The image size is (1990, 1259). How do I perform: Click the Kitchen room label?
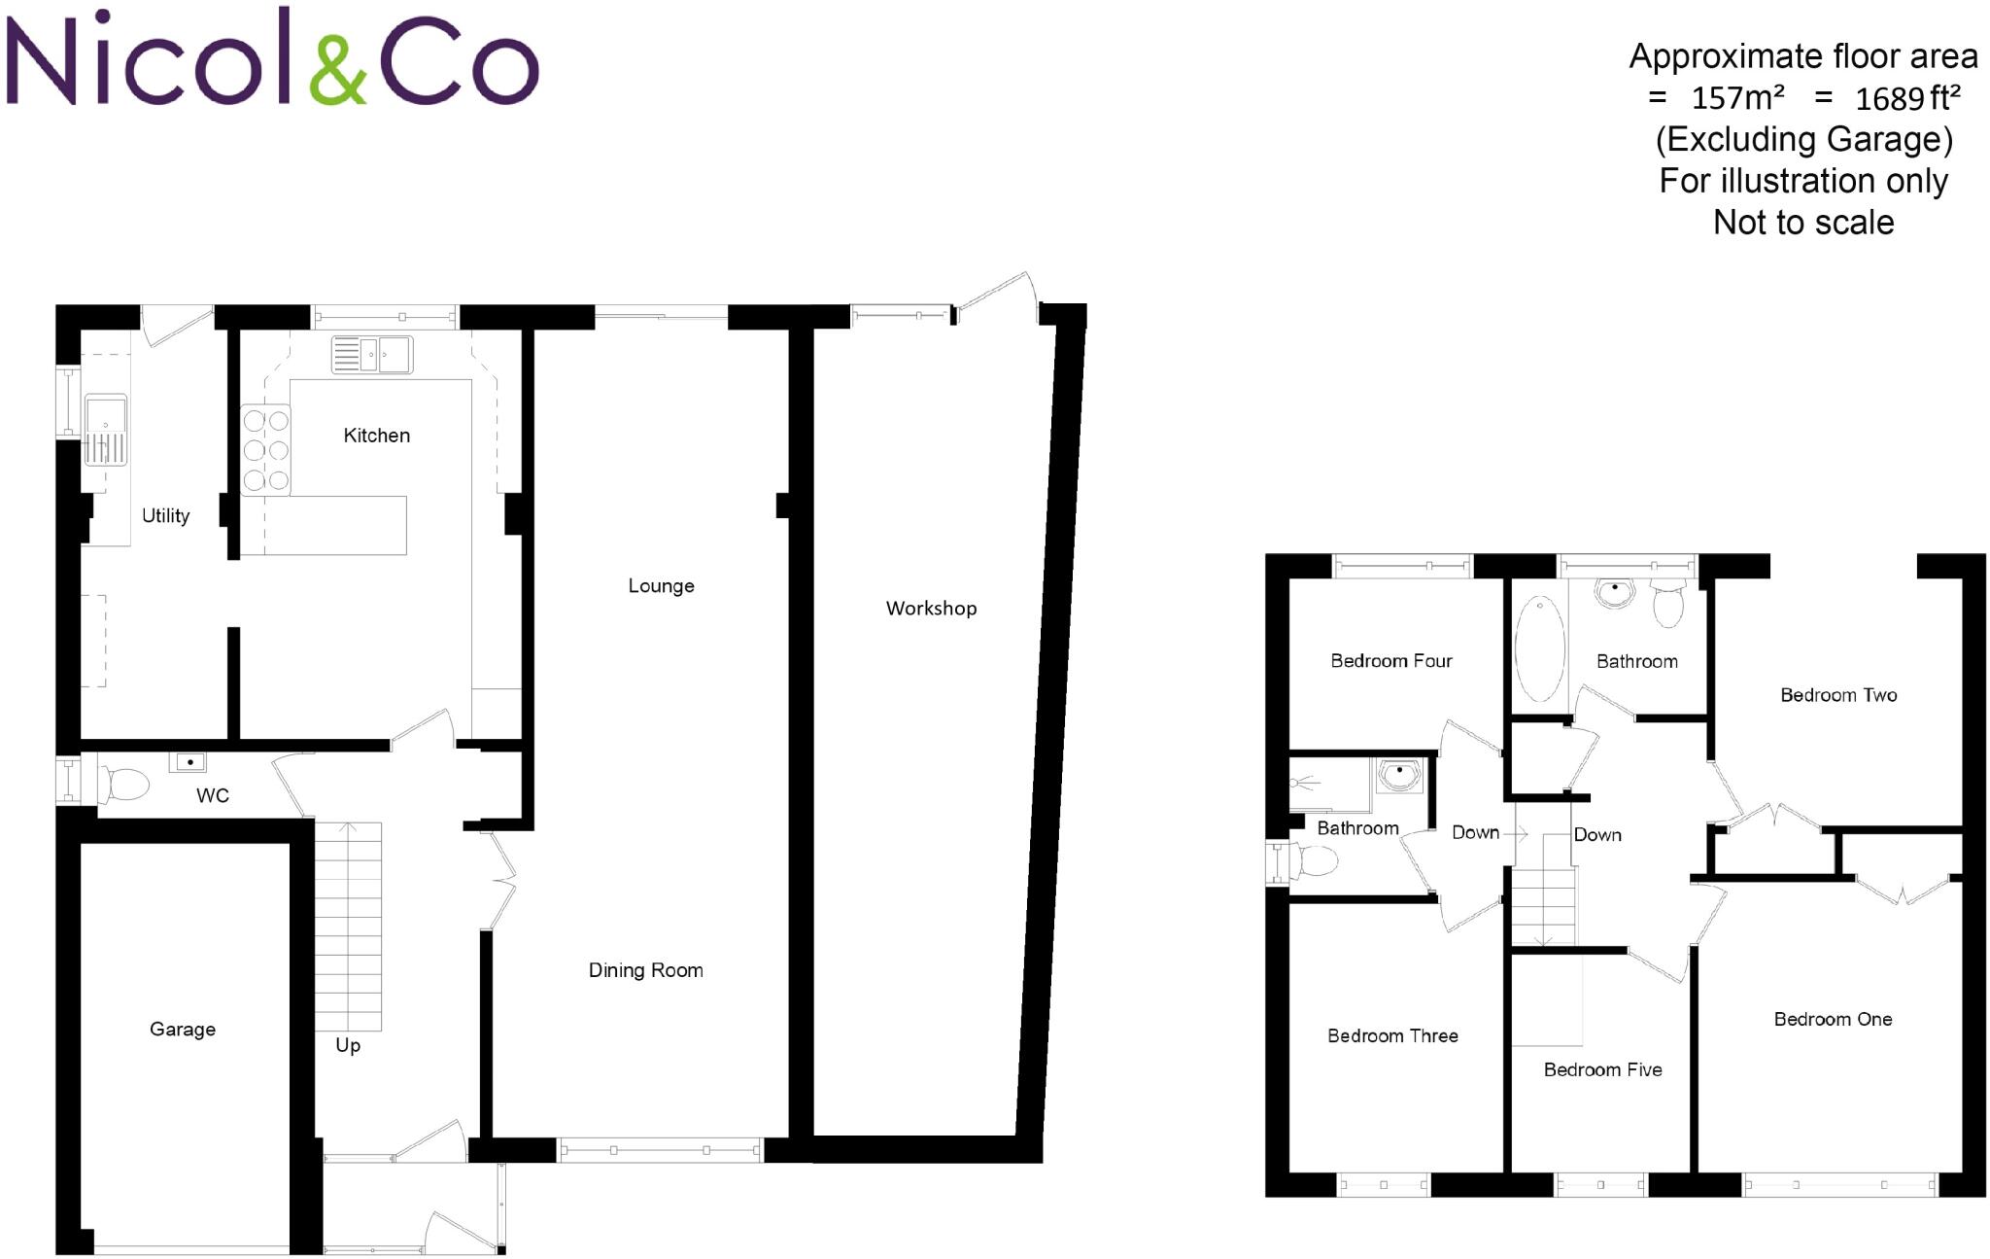pyautogui.click(x=376, y=436)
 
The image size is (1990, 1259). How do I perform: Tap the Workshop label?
pyautogui.click(x=931, y=609)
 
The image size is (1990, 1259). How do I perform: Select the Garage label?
pyautogui.click(x=183, y=1029)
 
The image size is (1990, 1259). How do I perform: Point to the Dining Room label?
pyautogui.click(x=645, y=970)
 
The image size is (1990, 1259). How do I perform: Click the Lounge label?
pyautogui.click(x=661, y=586)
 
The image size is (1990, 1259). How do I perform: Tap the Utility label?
pyautogui.click(x=165, y=516)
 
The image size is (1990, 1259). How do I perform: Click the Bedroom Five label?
pyautogui.click(x=1602, y=1069)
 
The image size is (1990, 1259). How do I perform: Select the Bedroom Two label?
pyautogui.click(x=1837, y=695)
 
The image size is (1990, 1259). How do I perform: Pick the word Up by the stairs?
pyautogui.click(x=348, y=1045)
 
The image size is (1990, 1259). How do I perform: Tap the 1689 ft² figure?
pyautogui.click(x=1907, y=98)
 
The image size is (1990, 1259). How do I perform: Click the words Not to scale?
pyautogui.click(x=1803, y=223)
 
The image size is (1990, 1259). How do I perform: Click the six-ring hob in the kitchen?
pyautogui.click(x=265, y=450)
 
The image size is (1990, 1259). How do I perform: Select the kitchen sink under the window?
pyautogui.click(x=372, y=355)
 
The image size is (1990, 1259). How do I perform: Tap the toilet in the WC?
pyautogui.click(x=124, y=784)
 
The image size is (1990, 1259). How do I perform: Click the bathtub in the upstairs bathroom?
pyautogui.click(x=1539, y=647)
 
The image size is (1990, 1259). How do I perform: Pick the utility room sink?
pyautogui.click(x=105, y=430)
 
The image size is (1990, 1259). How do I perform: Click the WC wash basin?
pyautogui.click(x=189, y=762)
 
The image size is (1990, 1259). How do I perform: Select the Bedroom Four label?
pyautogui.click(x=1390, y=661)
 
